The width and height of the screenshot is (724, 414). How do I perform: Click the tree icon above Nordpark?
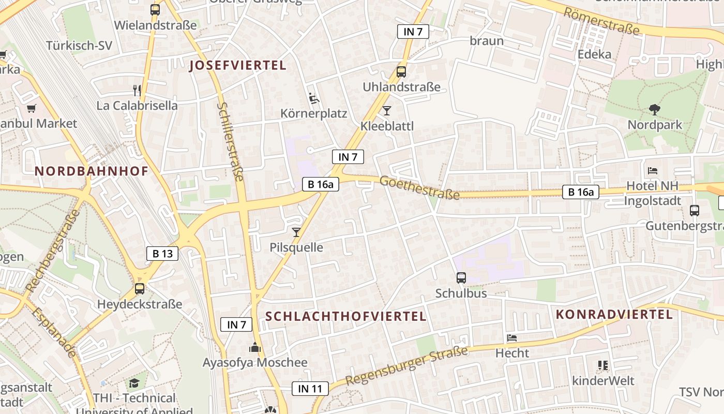[x=655, y=109]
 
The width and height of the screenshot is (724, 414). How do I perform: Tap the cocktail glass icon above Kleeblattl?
[x=386, y=110]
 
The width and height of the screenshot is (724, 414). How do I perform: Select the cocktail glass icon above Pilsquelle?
[x=296, y=232]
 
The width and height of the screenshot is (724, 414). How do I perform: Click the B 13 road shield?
[x=162, y=254]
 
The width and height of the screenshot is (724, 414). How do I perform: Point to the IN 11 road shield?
[x=310, y=389]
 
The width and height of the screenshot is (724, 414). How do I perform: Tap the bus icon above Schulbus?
[x=461, y=278]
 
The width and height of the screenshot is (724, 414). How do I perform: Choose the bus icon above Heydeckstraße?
[x=140, y=289]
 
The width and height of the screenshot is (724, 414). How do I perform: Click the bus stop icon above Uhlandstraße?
[x=401, y=72]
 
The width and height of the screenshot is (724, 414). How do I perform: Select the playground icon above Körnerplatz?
[x=313, y=98]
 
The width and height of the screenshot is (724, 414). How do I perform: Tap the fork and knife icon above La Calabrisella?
[x=137, y=91]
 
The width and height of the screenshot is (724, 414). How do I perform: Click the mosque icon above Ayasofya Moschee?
[x=255, y=347]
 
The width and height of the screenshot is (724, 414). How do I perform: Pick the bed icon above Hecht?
[x=512, y=338]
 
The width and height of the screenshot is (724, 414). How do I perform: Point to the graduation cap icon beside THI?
[x=134, y=383]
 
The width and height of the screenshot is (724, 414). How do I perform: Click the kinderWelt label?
[x=603, y=381]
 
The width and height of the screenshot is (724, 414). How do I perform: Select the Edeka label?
[x=594, y=54]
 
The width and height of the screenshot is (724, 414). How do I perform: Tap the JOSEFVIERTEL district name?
[x=237, y=66]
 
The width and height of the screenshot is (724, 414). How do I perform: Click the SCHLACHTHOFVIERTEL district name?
[x=345, y=316]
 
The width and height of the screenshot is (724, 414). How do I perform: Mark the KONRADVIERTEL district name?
[x=614, y=314]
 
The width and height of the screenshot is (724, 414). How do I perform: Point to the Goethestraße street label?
[x=419, y=188]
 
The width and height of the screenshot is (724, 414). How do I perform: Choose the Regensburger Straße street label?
[x=406, y=366]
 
